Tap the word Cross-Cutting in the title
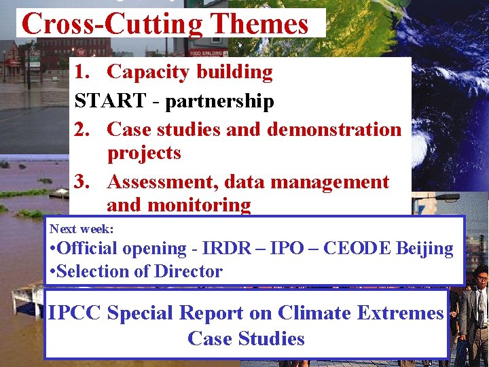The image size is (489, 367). tap(113, 24)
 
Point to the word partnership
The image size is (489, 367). tap(219, 101)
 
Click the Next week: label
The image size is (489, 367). tap(81, 229)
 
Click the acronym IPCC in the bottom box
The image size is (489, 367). tap(75, 313)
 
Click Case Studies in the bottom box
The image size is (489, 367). tap(246, 338)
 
